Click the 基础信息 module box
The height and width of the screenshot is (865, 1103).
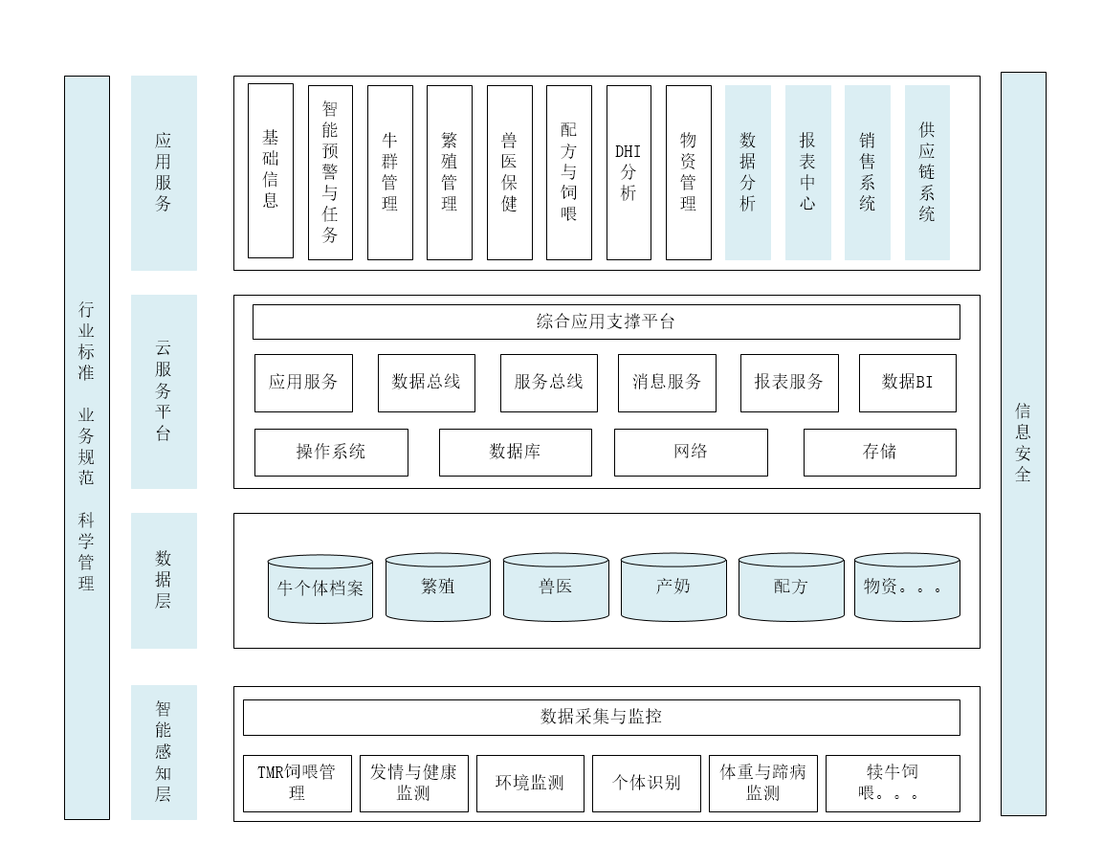tap(271, 170)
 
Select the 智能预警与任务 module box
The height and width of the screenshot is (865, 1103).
tap(330, 172)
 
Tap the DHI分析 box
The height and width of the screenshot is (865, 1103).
tap(629, 172)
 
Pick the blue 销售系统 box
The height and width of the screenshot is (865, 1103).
tap(867, 172)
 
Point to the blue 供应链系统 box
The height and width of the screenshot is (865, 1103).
tap(927, 172)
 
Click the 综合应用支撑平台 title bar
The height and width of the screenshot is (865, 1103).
tap(606, 322)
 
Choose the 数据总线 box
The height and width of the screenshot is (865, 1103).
tap(426, 383)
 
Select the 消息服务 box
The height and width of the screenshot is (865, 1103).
tap(667, 383)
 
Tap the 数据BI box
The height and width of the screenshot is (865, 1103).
tap(907, 383)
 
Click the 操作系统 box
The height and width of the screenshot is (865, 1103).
tap(331, 452)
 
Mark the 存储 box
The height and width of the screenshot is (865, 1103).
tap(879, 452)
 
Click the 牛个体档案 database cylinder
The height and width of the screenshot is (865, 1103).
tap(320, 589)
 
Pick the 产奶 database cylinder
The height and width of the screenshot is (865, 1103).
tap(673, 588)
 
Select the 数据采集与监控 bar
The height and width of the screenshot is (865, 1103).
tap(601, 717)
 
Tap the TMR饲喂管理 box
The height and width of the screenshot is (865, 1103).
tap(297, 783)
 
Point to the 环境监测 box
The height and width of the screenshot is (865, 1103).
tap(530, 783)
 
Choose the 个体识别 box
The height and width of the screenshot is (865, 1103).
tap(647, 783)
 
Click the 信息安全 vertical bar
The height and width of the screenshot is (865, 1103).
tap(1023, 443)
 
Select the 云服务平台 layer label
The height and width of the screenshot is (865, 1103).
tap(164, 391)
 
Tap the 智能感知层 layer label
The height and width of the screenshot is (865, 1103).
tap(164, 752)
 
